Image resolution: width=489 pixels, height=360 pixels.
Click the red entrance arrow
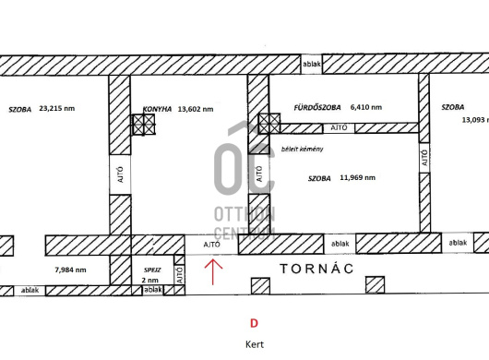213,271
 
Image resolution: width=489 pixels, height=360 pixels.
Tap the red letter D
254,323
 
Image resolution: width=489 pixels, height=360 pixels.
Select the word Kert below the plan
255,344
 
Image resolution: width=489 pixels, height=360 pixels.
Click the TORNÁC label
316,269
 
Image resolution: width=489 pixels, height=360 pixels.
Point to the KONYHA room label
157,109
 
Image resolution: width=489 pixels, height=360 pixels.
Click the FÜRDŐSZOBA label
317,108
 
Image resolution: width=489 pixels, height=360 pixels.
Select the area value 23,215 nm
57,109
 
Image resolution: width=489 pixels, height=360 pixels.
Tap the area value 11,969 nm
357,178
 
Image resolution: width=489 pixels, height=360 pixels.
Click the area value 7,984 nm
70,270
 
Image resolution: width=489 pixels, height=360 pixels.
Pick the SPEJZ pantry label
152,270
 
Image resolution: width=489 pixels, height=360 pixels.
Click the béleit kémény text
303,150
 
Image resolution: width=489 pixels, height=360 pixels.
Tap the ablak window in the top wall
312,65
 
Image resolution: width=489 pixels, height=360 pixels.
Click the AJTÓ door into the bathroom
339,128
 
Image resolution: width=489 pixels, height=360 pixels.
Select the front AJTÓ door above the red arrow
212,245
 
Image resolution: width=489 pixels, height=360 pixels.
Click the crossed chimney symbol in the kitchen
143,125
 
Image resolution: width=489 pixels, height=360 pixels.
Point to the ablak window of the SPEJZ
153,290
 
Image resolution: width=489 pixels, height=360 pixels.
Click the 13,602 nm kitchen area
196,109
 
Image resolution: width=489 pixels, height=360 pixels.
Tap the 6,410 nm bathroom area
366,107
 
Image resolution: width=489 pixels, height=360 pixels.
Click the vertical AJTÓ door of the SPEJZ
180,274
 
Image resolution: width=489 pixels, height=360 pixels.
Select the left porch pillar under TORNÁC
260,286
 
